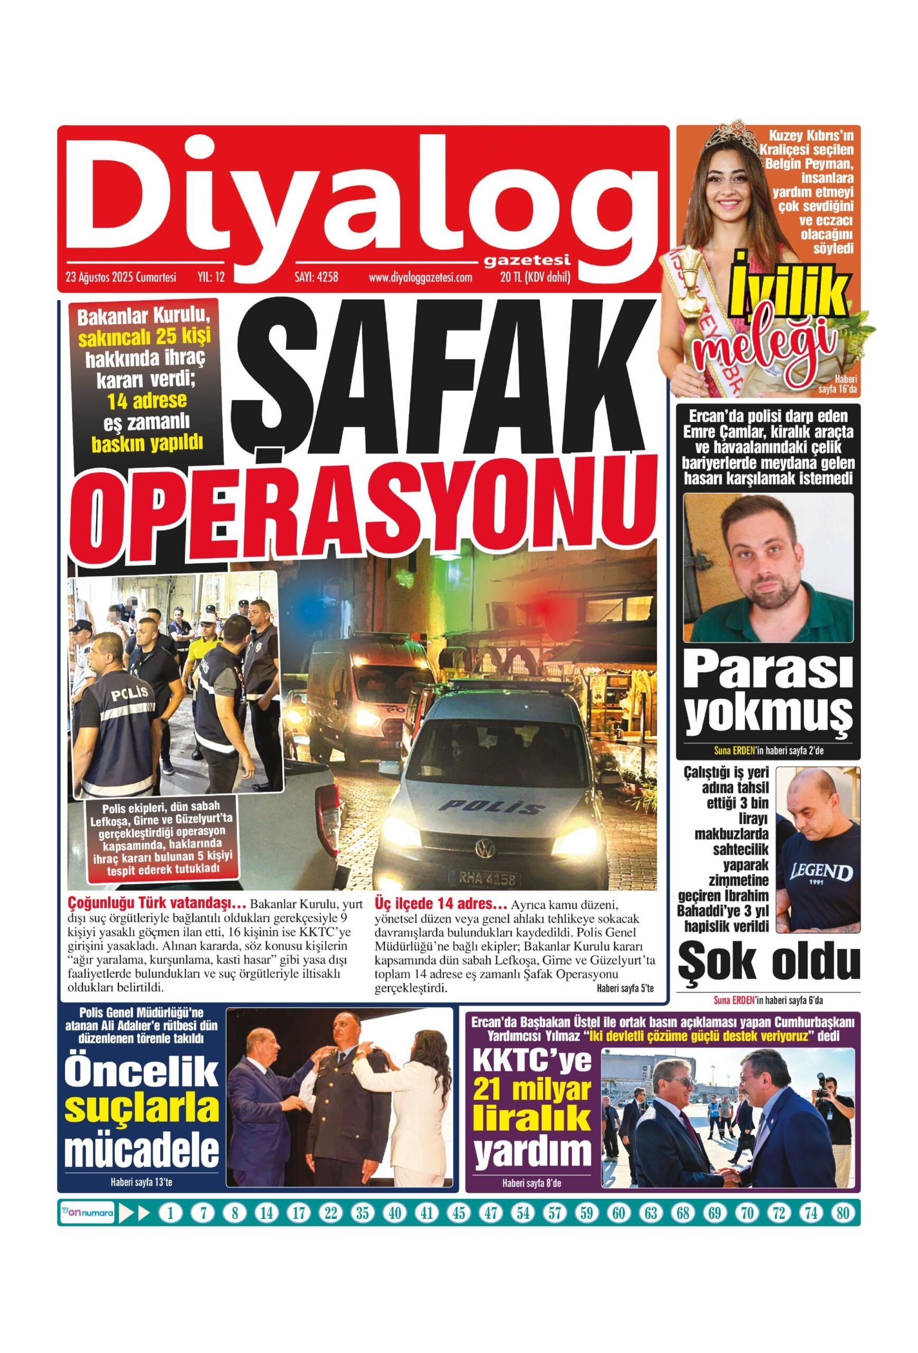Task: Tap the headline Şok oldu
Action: [768, 965]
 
